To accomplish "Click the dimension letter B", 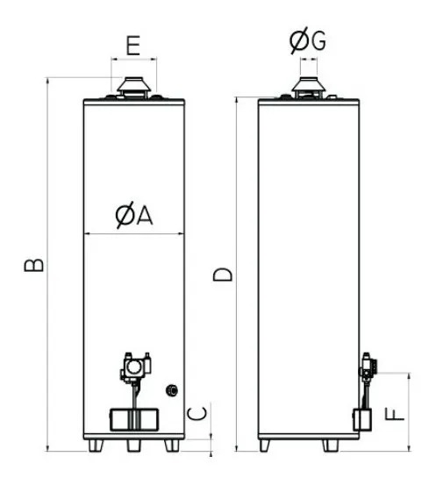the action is tap(34, 265).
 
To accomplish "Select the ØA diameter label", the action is tap(134, 215).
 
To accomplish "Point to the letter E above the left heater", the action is tap(133, 46).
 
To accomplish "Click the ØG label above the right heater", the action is tap(308, 40).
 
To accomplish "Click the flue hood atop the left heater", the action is tap(133, 88).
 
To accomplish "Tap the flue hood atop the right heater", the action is tap(309, 87).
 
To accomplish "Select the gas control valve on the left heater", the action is tap(136, 367).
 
